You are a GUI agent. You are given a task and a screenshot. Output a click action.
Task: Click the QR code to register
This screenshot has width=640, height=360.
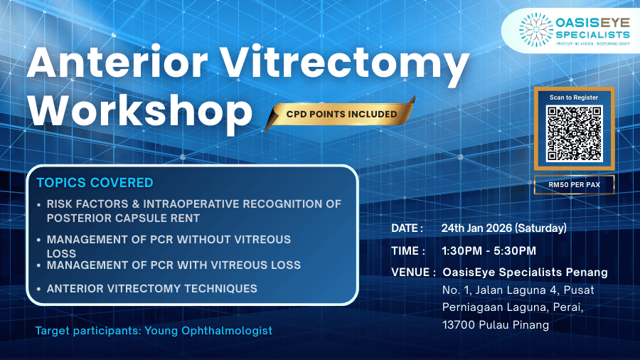tap(573, 134)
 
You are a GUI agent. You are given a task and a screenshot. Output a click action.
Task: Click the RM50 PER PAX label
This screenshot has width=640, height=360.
tap(573, 185)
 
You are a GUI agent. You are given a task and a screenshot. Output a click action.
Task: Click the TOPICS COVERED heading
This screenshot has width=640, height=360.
tap(95, 183)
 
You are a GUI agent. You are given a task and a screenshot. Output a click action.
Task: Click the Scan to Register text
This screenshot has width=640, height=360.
tap(573, 97)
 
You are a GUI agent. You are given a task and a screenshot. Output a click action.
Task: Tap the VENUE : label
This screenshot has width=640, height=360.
tap(413, 272)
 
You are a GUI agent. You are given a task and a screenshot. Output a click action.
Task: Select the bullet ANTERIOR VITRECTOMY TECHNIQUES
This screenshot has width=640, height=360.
tap(151, 289)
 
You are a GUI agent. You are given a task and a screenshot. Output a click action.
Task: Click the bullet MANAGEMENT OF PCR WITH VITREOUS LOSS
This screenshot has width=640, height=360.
tap(174, 265)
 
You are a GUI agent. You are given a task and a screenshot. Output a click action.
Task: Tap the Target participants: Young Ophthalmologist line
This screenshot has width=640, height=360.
tap(154, 331)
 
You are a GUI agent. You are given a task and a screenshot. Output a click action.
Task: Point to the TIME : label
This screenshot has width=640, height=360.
tap(408, 250)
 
